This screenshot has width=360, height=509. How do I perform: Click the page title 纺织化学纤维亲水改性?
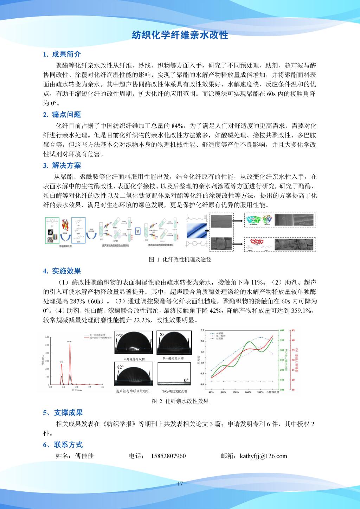(x=180, y=35)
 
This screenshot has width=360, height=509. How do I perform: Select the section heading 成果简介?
(x=66, y=54)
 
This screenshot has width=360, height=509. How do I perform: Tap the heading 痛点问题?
(x=66, y=114)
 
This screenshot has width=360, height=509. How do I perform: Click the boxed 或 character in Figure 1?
(x=137, y=232)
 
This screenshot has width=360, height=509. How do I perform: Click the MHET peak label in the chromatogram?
(x=70, y=342)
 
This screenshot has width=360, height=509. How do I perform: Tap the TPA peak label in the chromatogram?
(x=61, y=361)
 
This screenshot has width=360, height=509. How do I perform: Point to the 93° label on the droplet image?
(x=120, y=336)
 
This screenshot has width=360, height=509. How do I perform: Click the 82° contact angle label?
(x=120, y=367)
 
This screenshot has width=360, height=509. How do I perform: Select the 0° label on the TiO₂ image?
(x=186, y=381)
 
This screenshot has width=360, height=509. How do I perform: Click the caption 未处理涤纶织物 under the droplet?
(x=134, y=359)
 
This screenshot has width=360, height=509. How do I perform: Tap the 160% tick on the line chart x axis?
(x=247, y=392)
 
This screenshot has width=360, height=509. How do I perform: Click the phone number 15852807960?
(x=168, y=456)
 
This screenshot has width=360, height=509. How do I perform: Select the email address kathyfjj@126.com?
(x=263, y=456)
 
